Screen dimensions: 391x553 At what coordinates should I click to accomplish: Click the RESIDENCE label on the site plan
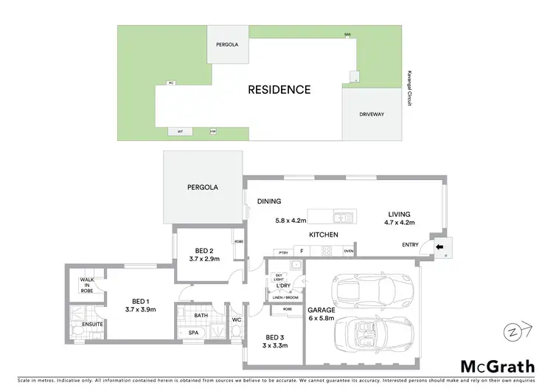pos(279,90)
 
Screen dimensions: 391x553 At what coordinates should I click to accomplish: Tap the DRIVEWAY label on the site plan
pos(370,115)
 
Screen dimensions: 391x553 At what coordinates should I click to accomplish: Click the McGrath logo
pos(498,366)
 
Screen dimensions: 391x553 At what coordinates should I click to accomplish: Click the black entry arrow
pos(440,248)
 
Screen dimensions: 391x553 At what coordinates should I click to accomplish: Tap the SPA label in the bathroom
pos(194,333)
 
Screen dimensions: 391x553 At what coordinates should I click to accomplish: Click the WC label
pos(236,320)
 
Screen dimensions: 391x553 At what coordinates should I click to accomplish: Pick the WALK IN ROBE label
pos(86,286)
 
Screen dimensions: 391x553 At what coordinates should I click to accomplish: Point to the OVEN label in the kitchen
pos(349,251)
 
